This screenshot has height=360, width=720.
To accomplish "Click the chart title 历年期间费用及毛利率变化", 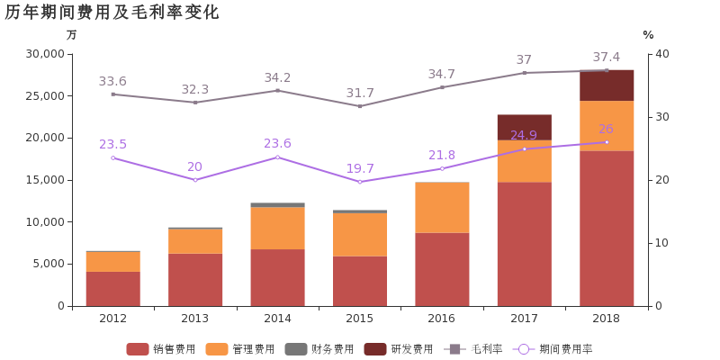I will [112, 13].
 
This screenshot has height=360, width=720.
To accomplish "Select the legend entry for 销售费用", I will [150, 348].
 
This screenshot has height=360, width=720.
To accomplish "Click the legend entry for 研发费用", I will [399, 348].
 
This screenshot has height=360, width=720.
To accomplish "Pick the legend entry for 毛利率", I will [474, 348].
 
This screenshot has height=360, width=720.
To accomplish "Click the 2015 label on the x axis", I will [360, 319].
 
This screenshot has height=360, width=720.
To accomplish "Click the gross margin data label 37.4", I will [606, 57].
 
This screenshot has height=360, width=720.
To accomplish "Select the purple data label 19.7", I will [360, 168].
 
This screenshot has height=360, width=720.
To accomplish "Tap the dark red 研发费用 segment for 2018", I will [607, 85].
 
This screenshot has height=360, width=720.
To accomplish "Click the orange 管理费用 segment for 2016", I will [442, 208].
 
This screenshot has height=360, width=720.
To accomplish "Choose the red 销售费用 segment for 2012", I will [112, 289].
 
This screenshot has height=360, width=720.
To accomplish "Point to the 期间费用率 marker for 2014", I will [277, 157].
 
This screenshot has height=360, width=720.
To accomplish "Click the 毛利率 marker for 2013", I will [195, 103].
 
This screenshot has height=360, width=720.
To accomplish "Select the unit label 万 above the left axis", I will [72, 35].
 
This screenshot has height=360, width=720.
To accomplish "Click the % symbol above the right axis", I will [648, 35].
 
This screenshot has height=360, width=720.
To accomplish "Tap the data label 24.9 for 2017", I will [524, 136].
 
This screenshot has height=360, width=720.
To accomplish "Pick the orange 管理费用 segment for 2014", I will [277, 229].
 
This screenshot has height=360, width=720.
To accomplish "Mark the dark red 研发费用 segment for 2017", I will [524, 127].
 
